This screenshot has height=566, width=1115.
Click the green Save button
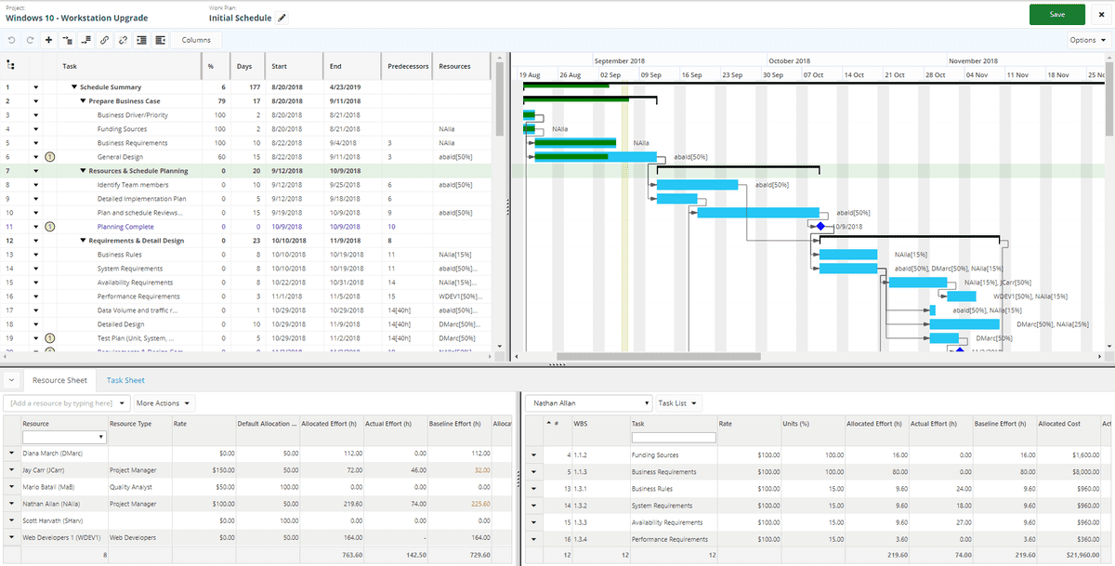click(1056, 15)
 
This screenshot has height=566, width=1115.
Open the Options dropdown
click(1088, 40)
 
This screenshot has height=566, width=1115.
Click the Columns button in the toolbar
click(195, 40)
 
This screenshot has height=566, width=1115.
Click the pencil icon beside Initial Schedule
click(282, 18)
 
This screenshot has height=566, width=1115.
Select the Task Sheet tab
click(125, 380)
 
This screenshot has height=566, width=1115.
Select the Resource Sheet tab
click(59, 380)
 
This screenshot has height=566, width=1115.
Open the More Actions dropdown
click(164, 403)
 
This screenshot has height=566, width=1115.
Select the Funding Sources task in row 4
click(122, 129)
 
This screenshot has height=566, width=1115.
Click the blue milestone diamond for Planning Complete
click(820, 226)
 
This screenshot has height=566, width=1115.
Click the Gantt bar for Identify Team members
click(697, 185)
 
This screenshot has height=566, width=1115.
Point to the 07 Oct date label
click(814, 74)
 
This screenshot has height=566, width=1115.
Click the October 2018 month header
click(789, 61)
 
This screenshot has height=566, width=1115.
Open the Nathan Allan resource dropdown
click(589, 403)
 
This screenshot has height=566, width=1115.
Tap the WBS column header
click(581, 423)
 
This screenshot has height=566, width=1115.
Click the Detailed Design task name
click(121, 324)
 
